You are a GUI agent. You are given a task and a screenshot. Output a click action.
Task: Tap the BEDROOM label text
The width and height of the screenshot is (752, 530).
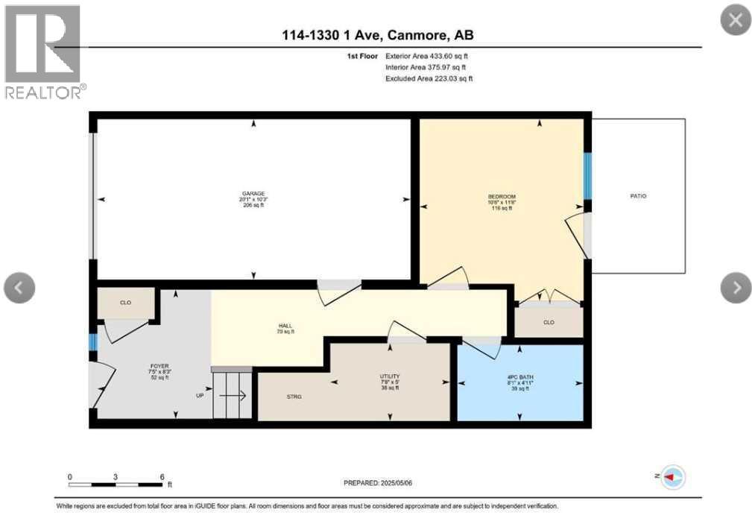502,197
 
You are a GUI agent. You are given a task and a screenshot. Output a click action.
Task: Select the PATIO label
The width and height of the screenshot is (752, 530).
637,196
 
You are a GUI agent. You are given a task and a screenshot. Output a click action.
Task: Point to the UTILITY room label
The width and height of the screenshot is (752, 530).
390,377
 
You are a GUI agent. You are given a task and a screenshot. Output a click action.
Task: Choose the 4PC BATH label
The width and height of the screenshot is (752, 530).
519,377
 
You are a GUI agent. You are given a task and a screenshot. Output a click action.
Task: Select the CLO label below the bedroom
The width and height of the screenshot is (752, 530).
549,323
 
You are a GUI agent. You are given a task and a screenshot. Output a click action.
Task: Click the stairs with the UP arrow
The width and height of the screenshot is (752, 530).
233,396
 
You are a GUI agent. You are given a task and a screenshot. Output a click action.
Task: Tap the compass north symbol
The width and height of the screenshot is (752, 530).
673,476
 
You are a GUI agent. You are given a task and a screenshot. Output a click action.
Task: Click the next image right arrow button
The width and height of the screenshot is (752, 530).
736,287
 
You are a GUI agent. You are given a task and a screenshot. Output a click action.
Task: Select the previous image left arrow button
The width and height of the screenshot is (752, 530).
19,287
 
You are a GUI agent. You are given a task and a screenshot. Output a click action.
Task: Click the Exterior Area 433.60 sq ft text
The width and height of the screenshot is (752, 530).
426,56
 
